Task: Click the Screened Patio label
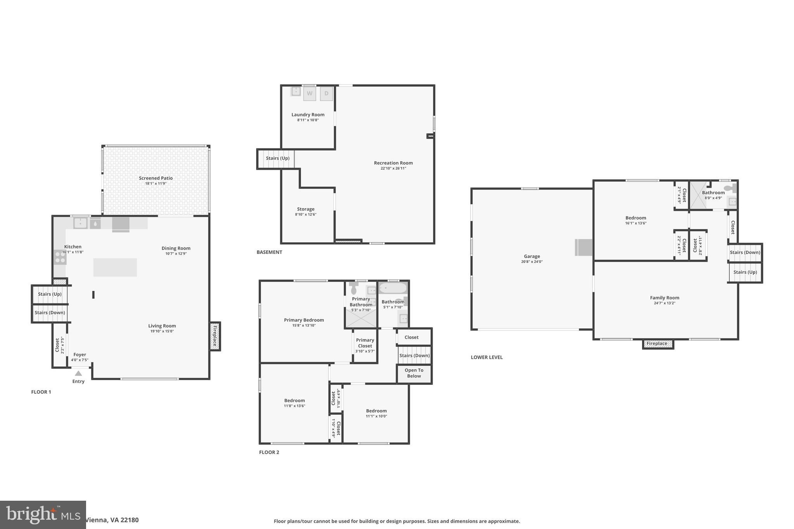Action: coord(156,178)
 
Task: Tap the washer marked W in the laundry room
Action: coord(309,93)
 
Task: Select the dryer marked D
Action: coord(326,93)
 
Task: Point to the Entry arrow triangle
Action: coord(78,373)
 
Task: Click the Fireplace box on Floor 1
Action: coord(215,336)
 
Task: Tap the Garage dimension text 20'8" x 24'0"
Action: coord(532,262)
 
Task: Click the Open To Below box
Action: coord(414,373)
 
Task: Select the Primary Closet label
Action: coord(365,343)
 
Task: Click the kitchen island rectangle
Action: coord(115,267)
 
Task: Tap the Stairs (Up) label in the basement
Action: coord(278,158)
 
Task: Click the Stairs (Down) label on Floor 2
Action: coord(414,355)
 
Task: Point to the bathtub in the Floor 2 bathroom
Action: coord(393,288)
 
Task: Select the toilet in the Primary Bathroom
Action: coord(353,289)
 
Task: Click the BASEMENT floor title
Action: coord(269,252)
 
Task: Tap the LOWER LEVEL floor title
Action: coord(487,357)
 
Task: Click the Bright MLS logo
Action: coord(43,515)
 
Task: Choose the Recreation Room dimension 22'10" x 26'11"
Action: coord(393,168)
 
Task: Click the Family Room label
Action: coord(665,298)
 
